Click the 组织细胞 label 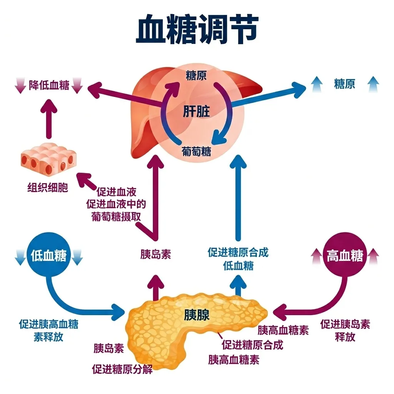(48, 187)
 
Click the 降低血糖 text (49, 85)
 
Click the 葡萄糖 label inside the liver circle (196, 151)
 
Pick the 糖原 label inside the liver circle (196, 75)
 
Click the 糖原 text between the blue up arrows (344, 84)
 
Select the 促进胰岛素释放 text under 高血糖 (345, 331)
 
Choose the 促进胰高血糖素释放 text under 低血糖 (49, 331)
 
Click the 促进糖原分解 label (122, 370)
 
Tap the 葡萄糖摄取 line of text (116, 217)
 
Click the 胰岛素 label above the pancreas (155, 254)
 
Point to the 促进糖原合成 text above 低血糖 (238, 253)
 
